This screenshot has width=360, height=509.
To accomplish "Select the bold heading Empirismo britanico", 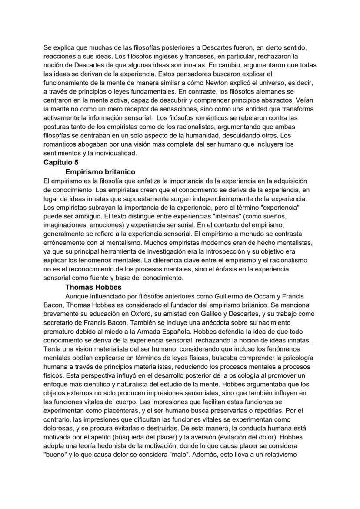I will (x=100, y=172).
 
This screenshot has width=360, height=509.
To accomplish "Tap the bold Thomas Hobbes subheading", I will (x=93, y=287).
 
